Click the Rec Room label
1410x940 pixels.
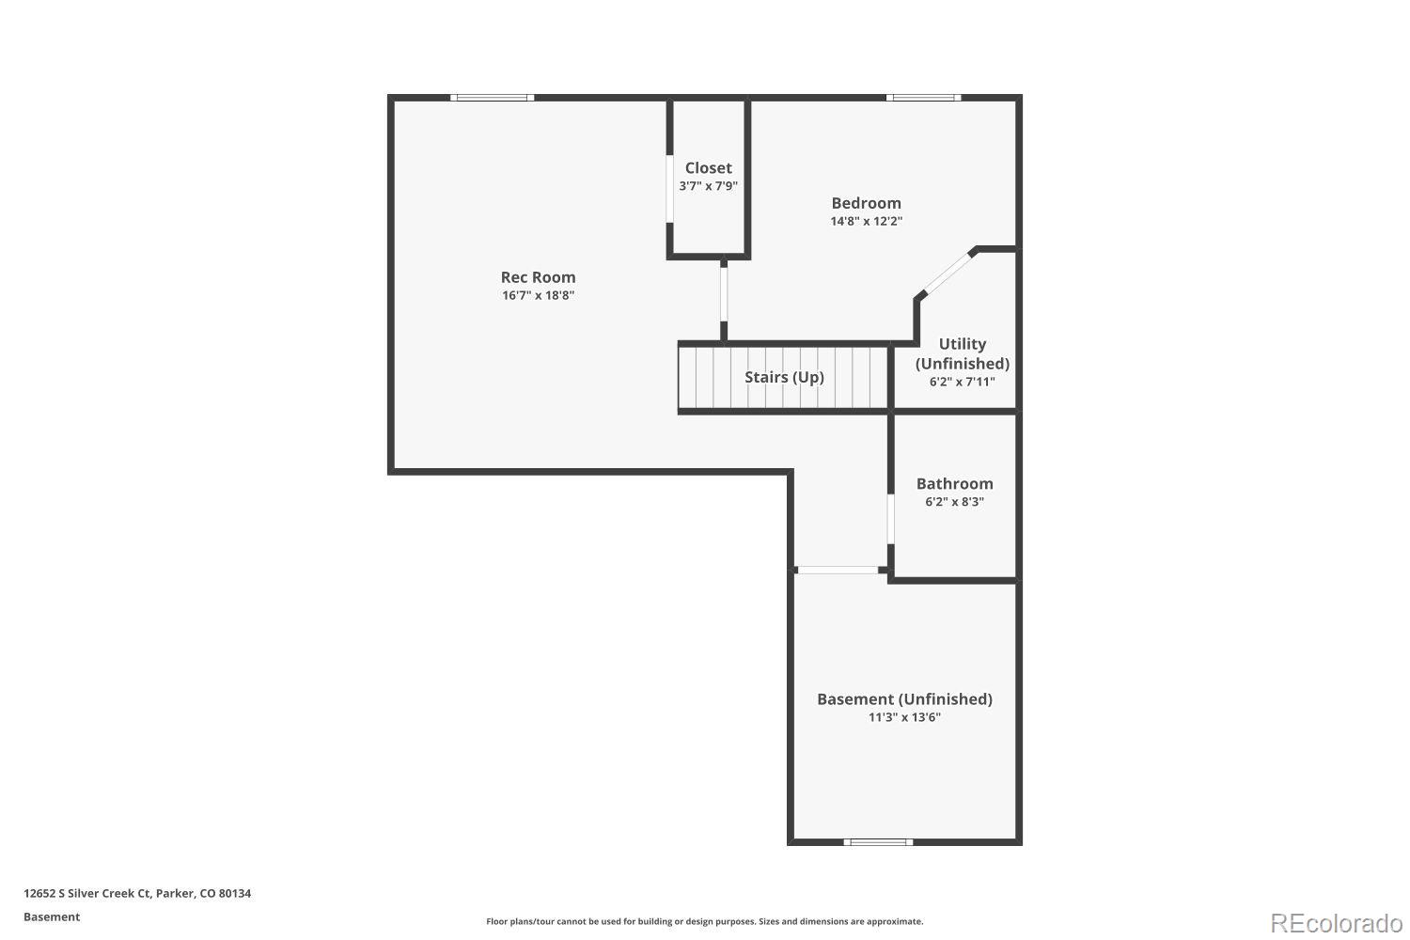(538, 277)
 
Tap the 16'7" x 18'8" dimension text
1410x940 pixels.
(538, 295)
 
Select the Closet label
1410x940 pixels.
(708, 168)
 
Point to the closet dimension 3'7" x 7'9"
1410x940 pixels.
(708, 186)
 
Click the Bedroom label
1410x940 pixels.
(866, 203)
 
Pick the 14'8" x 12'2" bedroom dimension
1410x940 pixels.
(866, 221)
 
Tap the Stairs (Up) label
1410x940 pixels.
(784, 377)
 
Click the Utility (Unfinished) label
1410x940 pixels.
(963, 353)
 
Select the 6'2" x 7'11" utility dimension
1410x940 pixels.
(963, 382)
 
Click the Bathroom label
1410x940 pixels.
(954, 484)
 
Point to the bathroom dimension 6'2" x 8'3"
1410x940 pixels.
(954, 502)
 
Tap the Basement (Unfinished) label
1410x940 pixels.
(904, 699)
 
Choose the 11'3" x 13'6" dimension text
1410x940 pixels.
(904, 717)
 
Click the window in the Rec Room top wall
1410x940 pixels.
(493, 98)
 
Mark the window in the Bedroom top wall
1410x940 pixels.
(923, 98)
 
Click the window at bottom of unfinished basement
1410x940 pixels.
(878, 841)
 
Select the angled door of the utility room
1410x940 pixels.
(947, 274)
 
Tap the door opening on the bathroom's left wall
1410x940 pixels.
(890, 519)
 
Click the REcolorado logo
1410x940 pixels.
(1335, 922)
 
